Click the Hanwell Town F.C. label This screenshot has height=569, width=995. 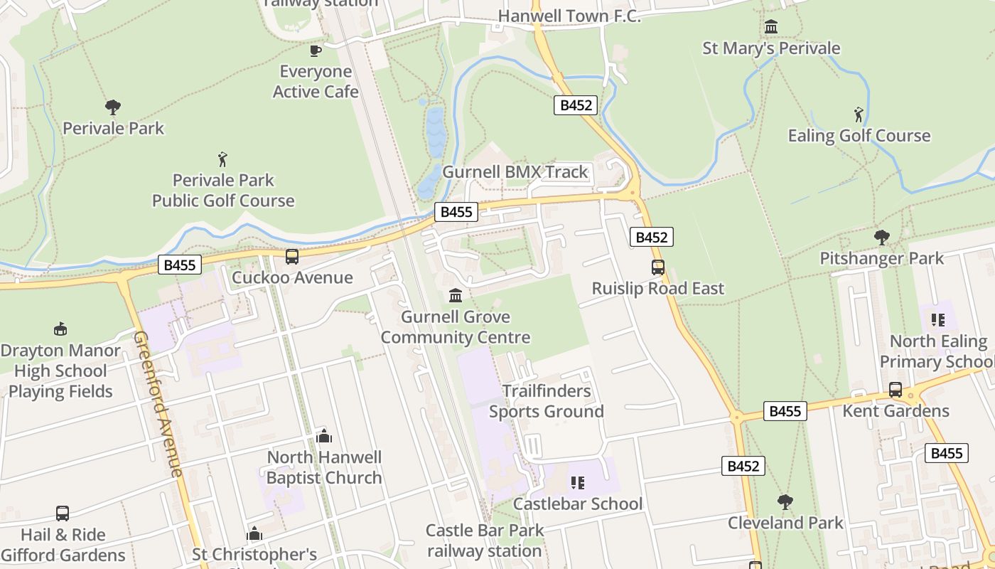pos(569,16)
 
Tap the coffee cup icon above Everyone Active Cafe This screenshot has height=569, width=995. pos(316,50)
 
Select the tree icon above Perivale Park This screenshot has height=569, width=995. pos(112,107)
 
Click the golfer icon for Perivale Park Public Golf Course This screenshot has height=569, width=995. pos(222,159)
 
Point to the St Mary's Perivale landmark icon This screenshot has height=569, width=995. pos(771,27)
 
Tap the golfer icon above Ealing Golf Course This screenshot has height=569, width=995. pos(859,114)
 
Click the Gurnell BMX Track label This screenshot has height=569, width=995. pos(515,172)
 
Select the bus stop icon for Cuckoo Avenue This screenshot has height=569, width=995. pos(292,256)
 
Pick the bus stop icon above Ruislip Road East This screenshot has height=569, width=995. pos(658,267)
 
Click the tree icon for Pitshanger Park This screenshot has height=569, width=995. pos(882,237)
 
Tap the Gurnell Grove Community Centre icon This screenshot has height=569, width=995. pos(456,295)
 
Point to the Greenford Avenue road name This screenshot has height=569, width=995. pos(158,403)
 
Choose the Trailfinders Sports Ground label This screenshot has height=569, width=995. pos(546,401)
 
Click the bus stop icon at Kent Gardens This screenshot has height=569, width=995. pos(895,390)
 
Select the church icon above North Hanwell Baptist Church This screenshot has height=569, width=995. pos(324,436)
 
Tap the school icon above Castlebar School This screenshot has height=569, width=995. pos(577,483)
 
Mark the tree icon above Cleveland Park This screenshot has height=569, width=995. pos(785,501)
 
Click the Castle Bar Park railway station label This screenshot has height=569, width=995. pos(485,541)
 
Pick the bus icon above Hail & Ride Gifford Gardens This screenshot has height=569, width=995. pos(63,514)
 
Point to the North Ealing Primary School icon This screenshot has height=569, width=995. pos(937,320)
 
